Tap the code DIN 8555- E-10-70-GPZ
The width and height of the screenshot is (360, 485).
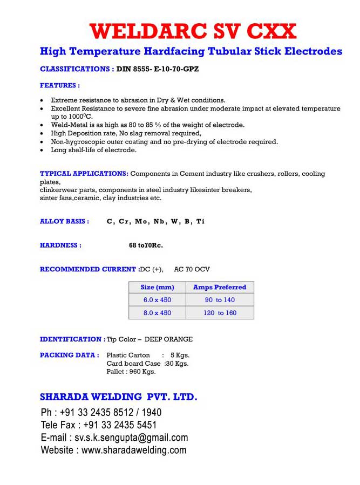[x=158, y=69]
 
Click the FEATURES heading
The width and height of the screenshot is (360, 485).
[x=60, y=85]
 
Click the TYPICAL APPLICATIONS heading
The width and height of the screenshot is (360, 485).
[x=84, y=174]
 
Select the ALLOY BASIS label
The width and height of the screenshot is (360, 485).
[x=64, y=221]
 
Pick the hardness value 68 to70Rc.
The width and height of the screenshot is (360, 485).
[x=146, y=245]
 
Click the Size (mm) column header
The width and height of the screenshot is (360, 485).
[x=157, y=288]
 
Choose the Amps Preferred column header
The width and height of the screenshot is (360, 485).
[x=219, y=288]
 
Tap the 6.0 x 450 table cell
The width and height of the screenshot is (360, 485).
[x=157, y=300]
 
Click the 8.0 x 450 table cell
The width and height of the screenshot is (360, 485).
[x=157, y=313]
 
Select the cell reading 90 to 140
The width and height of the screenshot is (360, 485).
[x=220, y=300]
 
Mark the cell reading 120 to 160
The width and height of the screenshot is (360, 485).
[x=220, y=313]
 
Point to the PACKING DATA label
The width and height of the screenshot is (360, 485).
[x=69, y=355]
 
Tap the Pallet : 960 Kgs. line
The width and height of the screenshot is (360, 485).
[x=131, y=371]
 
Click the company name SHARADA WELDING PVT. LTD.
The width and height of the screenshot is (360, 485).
[x=119, y=398]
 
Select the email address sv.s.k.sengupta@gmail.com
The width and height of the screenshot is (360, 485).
[x=131, y=438]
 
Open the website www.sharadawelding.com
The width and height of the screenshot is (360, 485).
[x=134, y=450]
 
